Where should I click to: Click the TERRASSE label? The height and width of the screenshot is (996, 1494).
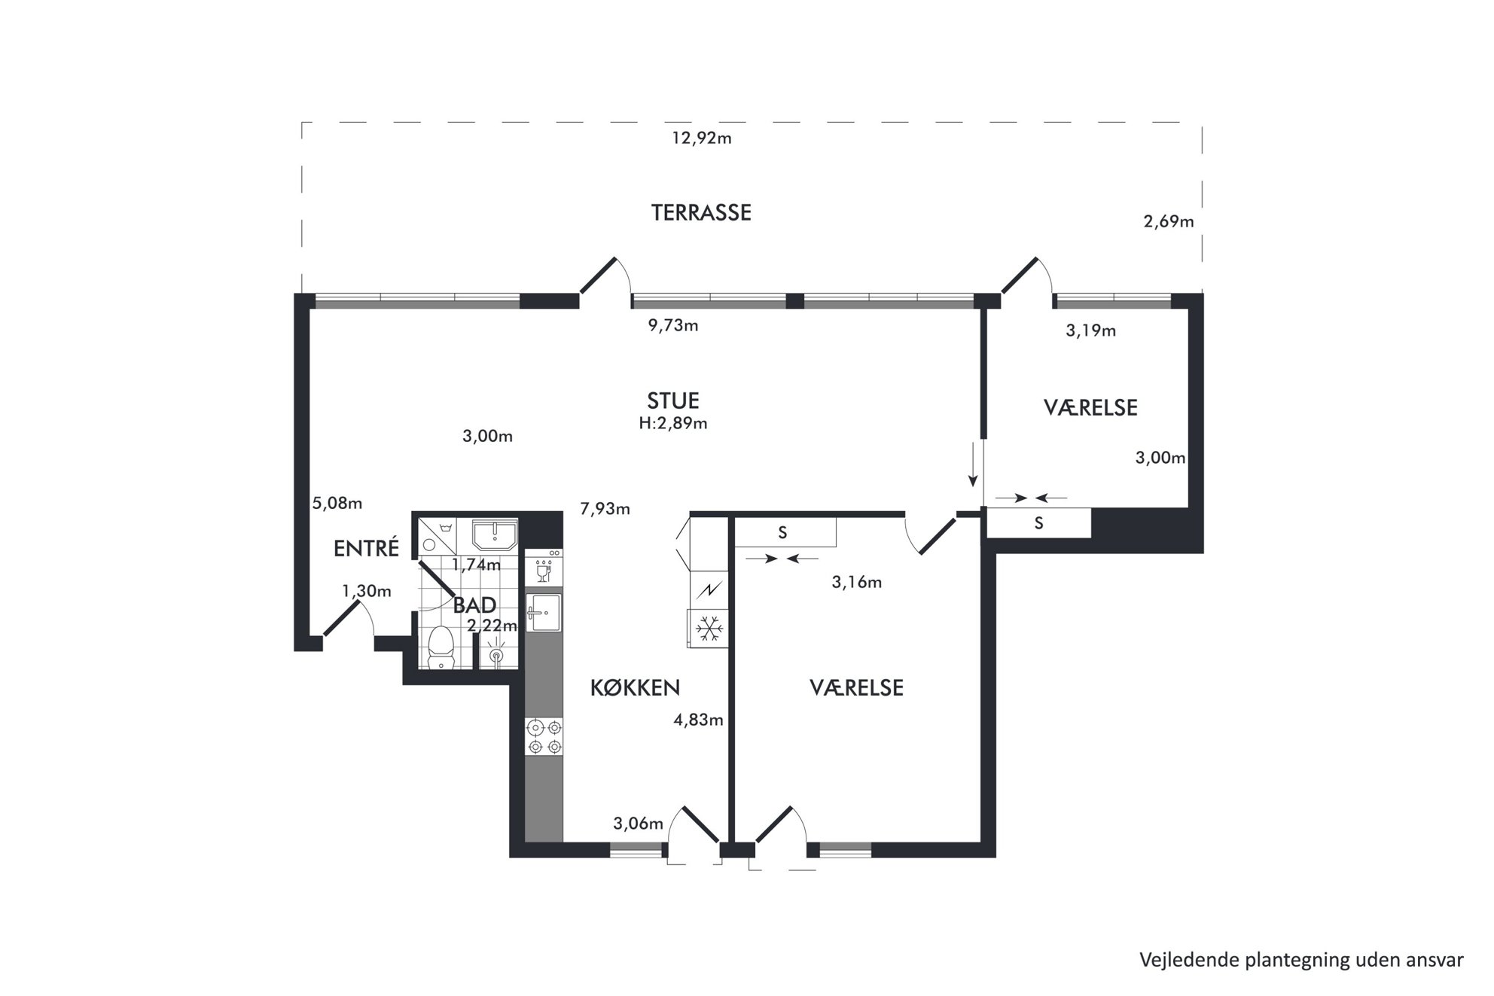(x=701, y=212)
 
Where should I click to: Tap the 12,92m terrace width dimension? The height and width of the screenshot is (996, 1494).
(x=701, y=139)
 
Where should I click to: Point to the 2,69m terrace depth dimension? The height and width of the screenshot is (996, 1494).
(x=1169, y=221)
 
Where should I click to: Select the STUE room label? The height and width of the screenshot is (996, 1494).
(x=673, y=401)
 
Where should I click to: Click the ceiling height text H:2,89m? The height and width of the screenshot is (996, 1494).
(x=673, y=423)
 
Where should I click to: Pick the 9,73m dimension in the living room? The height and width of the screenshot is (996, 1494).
(x=673, y=325)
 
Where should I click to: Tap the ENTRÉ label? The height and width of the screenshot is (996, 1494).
(x=366, y=548)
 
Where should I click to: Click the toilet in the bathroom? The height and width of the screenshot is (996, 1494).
(x=440, y=647)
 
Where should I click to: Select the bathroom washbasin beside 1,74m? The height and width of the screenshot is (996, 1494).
(x=494, y=535)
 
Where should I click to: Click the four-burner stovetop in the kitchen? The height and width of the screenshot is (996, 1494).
(x=544, y=737)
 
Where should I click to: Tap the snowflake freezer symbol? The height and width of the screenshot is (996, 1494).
(x=709, y=628)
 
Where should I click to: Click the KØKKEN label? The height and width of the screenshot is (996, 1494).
(x=635, y=687)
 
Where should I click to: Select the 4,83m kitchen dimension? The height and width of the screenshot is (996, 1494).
(x=698, y=720)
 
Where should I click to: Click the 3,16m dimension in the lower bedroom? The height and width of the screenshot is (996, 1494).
(x=856, y=582)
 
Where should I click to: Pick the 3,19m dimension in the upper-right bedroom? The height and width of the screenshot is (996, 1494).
(x=1090, y=330)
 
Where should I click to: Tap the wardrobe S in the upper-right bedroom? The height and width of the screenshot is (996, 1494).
(x=1038, y=523)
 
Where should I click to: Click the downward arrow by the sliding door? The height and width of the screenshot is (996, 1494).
(x=973, y=465)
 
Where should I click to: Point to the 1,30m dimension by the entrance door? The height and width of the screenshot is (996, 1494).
(x=367, y=591)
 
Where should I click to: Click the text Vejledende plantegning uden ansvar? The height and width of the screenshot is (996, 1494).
(x=1301, y=960)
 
